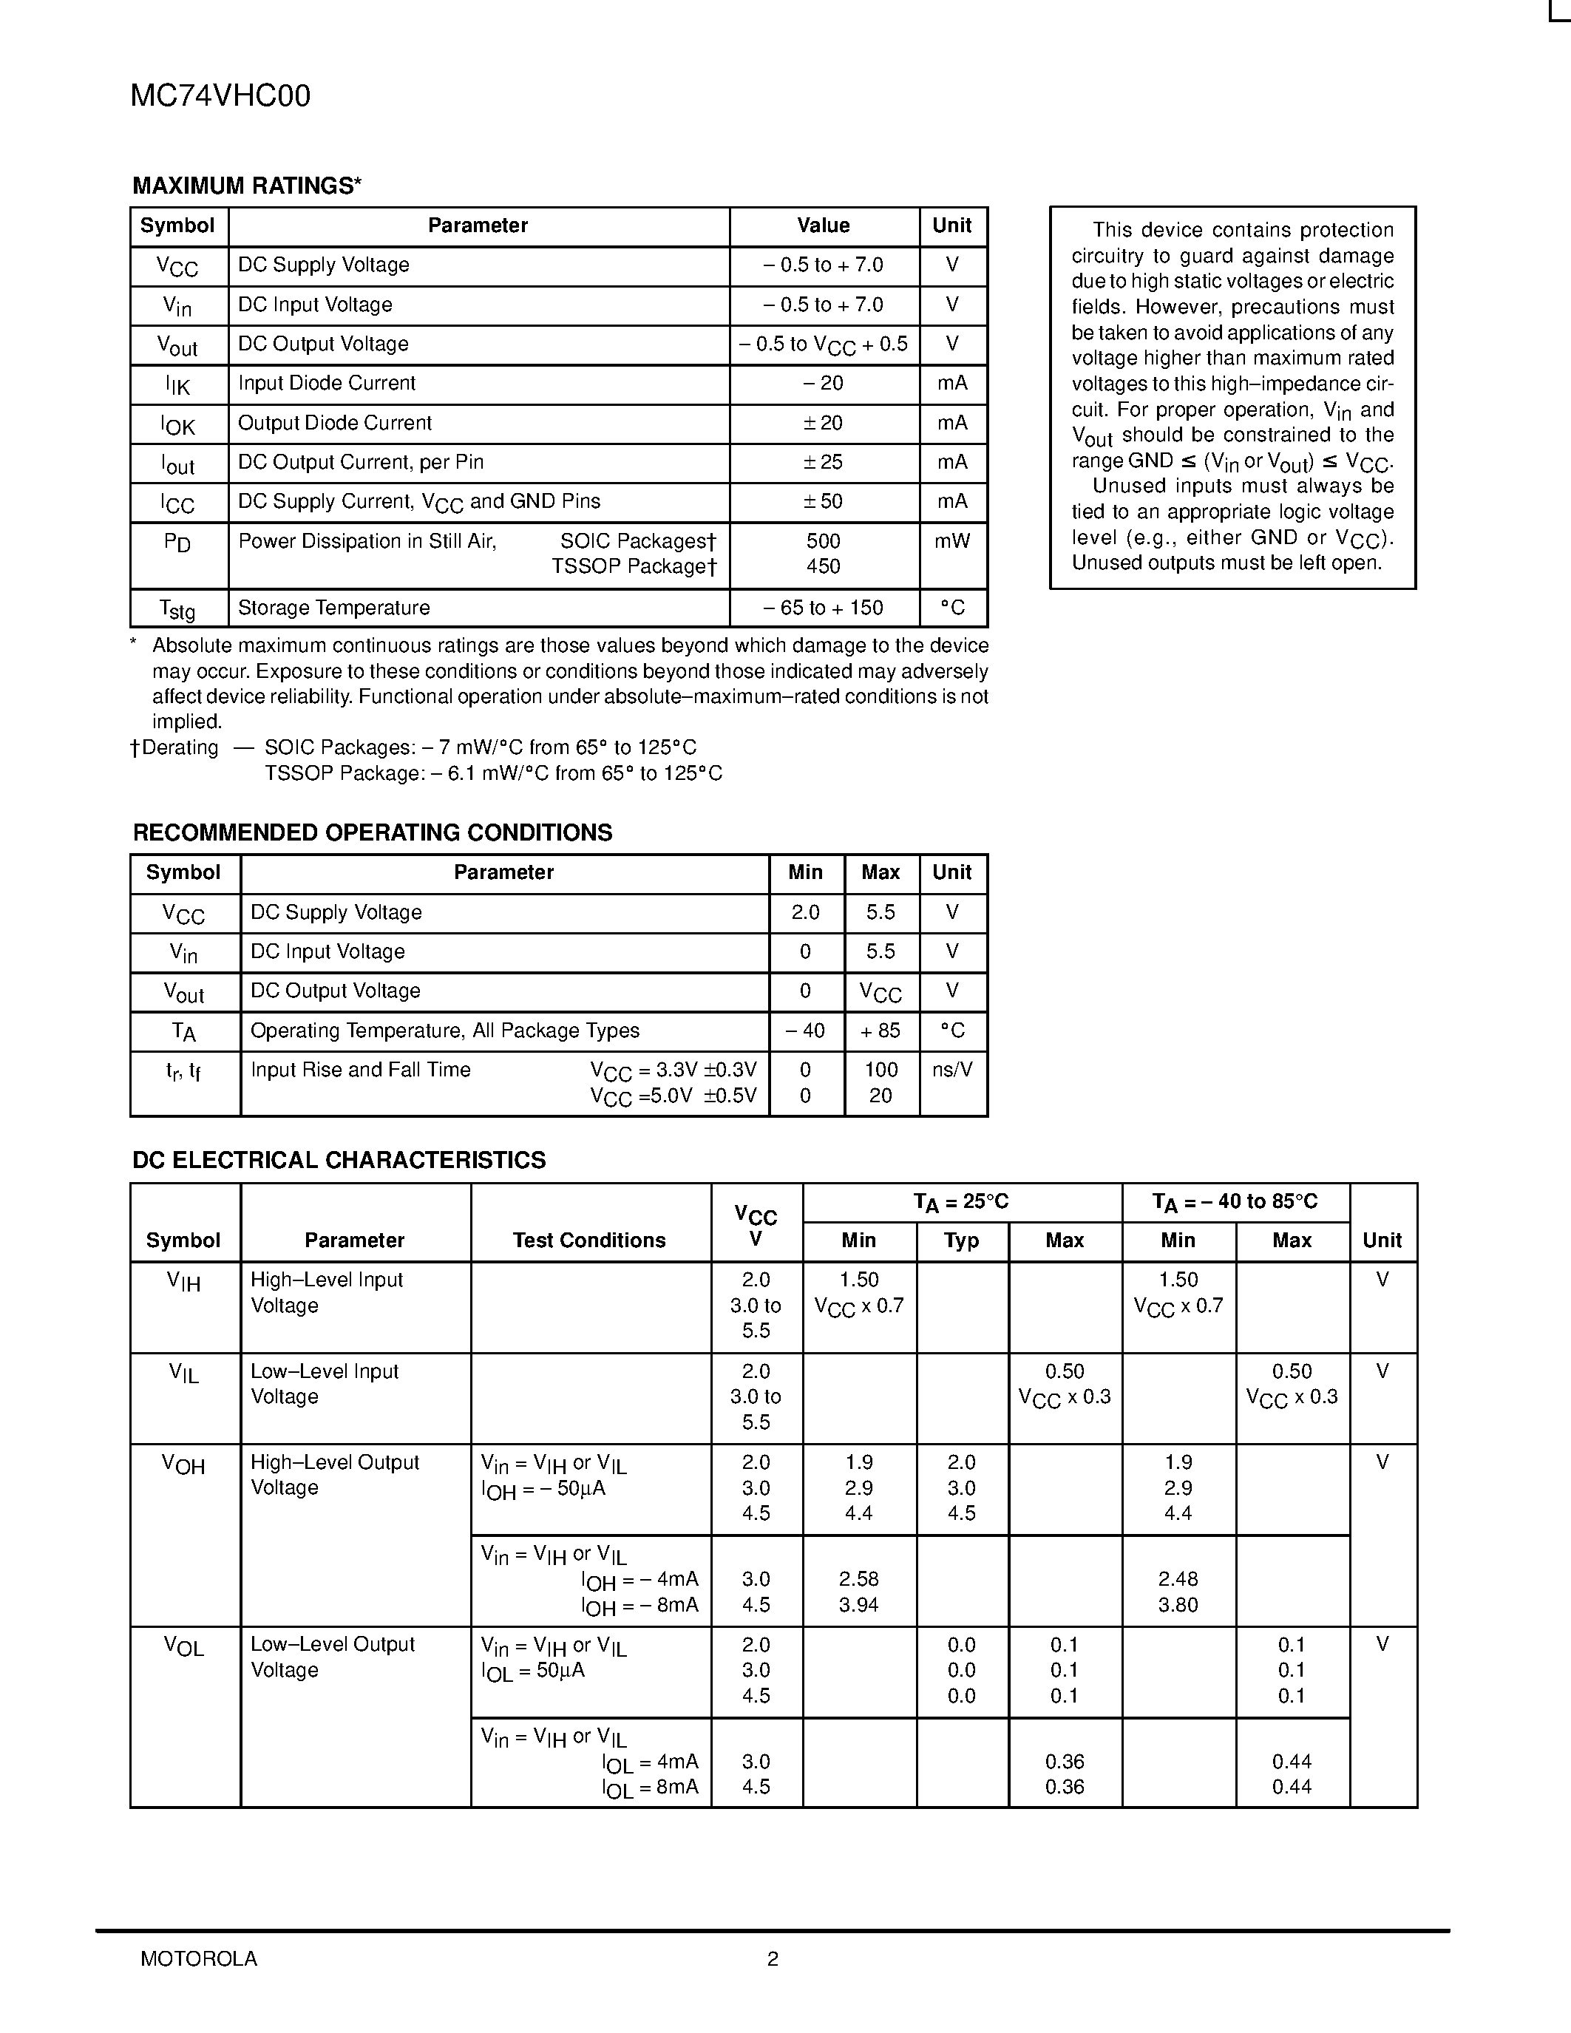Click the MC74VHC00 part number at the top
click(220, 96)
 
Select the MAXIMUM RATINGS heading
click(247, 186)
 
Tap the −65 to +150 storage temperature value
click(823, 608)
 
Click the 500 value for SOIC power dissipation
click(823, 541)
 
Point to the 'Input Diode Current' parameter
click(327, 384)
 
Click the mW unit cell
click(952, 541)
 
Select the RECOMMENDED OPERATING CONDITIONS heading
click(373, 832)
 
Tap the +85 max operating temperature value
click(880, 1031)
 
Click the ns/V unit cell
click(952, 1070)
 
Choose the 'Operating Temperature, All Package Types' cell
click(445, 1031)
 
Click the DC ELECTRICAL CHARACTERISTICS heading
click(339, 1160)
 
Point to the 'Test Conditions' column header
click(589, 1240)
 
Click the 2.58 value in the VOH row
click(858, 1579)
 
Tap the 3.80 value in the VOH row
click(1177, 1605)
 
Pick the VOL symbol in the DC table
click(183, 1645)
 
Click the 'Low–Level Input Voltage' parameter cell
click(324, 1383)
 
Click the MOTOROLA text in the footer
click(198, 1958)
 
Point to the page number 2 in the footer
click(773, 1958)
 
